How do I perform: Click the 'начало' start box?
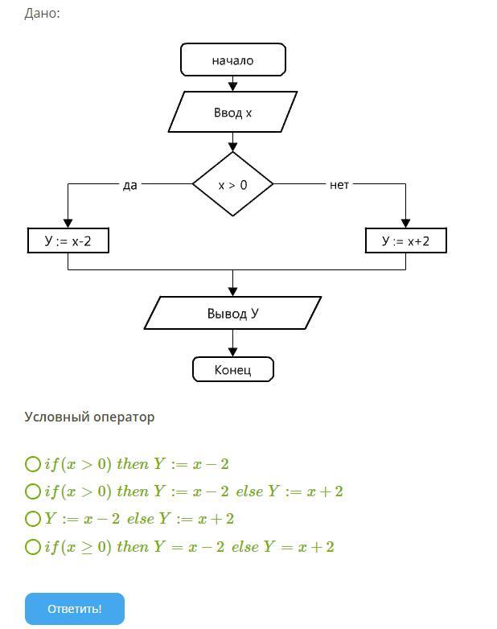point(233,60)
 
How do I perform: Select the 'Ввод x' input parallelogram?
point(232,112)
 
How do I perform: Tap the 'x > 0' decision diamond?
point(232,184)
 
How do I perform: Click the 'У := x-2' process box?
point(68,240)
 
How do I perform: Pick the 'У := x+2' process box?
point(405,240)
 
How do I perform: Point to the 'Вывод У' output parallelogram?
point(232,313)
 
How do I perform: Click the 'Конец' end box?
point(233,369)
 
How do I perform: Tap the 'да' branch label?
point(130,185)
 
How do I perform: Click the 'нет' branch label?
point(339,185)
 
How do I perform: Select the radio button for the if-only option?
point(33,464)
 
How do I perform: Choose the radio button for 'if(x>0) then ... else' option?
point(33,491)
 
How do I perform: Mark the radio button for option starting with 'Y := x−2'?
point(33,519)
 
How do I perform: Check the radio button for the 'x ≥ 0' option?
point(33,547)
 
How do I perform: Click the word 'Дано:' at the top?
point(42,13)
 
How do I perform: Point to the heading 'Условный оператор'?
point(89,417)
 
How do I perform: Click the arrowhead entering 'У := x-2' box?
point(68,224)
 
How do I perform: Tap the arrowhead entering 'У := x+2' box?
point(405,224)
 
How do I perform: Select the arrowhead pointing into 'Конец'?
point(232,352)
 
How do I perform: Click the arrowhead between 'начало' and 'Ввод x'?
point(232,87)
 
